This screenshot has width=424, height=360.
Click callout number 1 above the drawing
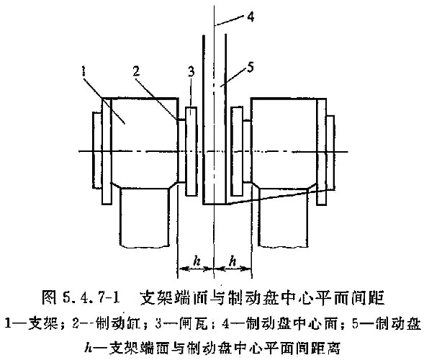84,72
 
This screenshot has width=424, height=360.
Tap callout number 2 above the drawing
136,71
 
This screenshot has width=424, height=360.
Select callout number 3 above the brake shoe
191,72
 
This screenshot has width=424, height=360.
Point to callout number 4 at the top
251,17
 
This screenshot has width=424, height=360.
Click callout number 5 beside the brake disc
251,67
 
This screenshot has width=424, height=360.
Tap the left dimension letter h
197,261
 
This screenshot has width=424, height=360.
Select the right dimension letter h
233,261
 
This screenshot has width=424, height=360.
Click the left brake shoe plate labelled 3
191,151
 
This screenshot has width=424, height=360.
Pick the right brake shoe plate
237,151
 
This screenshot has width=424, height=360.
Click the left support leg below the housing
145,217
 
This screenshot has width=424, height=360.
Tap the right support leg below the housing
284,217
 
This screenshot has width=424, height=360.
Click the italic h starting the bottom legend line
88,348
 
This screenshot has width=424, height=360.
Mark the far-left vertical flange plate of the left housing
107,151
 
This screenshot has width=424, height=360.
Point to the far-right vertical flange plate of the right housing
322,152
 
